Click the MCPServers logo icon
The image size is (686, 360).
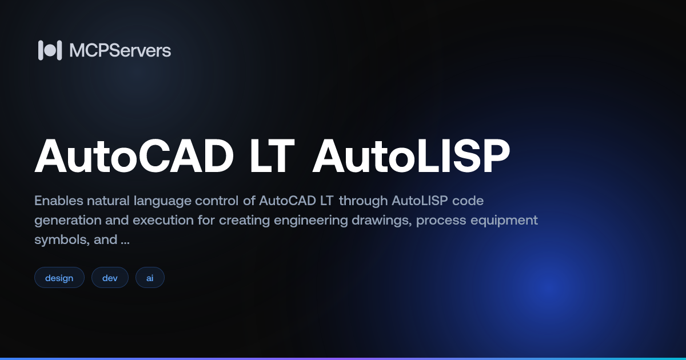pos(50,50)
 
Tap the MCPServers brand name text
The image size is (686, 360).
pos(120,50)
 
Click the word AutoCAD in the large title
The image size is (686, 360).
pos(134,157)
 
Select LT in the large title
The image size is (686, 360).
pos(271,157)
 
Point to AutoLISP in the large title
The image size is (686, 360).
pos(410,157)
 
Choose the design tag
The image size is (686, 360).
pos(59,278)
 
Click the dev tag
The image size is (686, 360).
pos(110,278)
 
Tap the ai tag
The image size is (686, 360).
pos(150,278)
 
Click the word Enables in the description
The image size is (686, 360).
pos(58,201)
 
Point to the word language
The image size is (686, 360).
pos(161,202)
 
